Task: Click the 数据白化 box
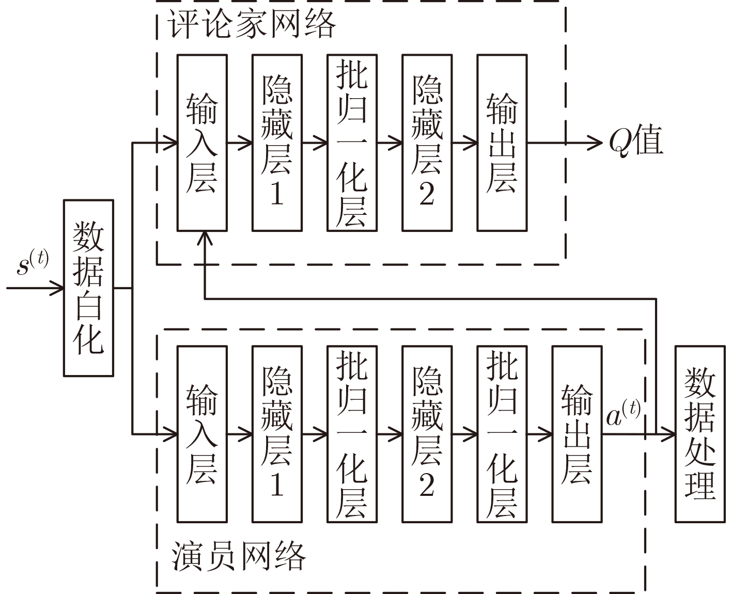click(88, 288)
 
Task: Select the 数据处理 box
click(700, 434)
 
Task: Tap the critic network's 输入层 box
click(202, 143)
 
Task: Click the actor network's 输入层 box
click(202, 434)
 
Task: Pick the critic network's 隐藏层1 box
click(277, 143)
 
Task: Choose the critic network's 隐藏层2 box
click(427, 143)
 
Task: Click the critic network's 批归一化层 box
click(352, 143)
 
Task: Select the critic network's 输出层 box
click(502, 143)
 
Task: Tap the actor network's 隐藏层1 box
click(277, 434)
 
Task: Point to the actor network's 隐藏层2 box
click(427, 434)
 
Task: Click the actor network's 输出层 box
click(577, 434)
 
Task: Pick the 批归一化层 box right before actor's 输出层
click(502, 434)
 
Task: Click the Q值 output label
click(635, 142)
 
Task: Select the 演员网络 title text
click(239, 556)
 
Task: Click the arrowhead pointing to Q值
click(596, 143)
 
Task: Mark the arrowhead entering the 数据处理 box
click(669, 434)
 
